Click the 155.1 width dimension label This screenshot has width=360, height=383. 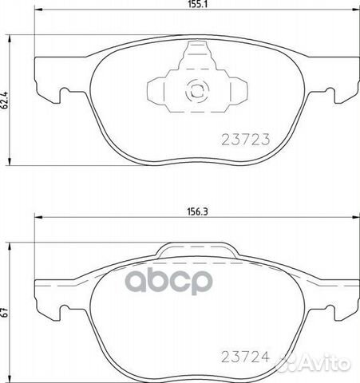pyautogui.click(x=197, y=4)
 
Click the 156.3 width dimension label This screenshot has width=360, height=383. pyautogui.click(x=197, y=212)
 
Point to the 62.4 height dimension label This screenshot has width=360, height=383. pyautogui.click(x=5, y=101)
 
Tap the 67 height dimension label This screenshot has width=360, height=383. pyautogui.click(x=5, y=313)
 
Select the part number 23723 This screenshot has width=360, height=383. pyautogui.click(x=246, y=140)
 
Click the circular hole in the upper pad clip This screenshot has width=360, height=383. pyautogui.click(x=197, y=90)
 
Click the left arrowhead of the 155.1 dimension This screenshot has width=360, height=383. pyautogui.click(x=38, y=10)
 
